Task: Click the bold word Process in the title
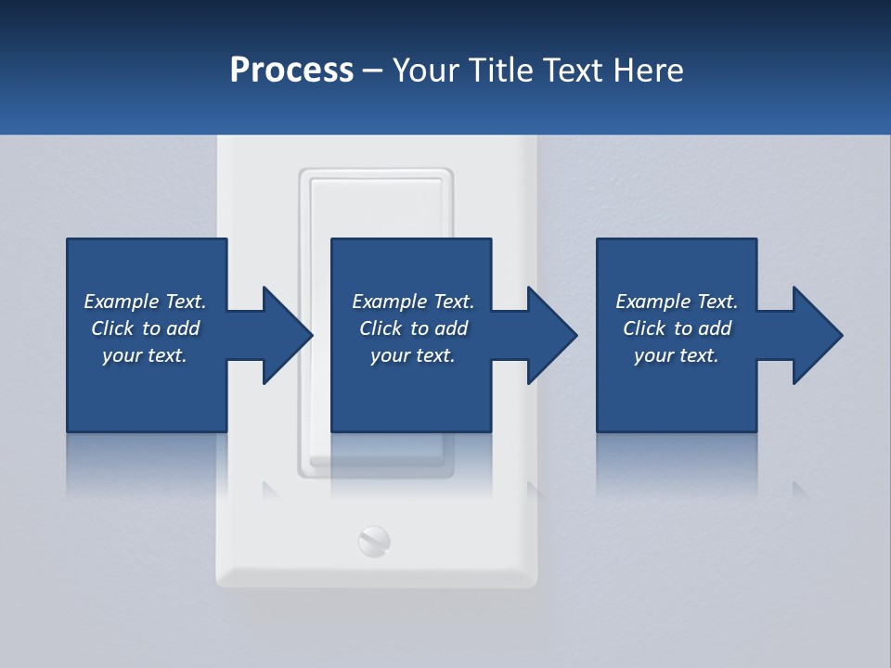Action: click(291, 71)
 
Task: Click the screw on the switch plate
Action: click(374, 541)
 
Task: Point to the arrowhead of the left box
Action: click(288, 335)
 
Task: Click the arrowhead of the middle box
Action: click(552, 335)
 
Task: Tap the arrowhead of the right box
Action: click(818, 335)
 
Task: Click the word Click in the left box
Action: click(111, 328)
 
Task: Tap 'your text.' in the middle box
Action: click(412, 355)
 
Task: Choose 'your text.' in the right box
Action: click(676, 355)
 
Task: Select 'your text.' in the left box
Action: click(144, 355)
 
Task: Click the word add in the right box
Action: click(714, 328)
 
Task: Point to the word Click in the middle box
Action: click(380, 328)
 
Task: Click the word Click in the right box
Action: click(643, 328)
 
